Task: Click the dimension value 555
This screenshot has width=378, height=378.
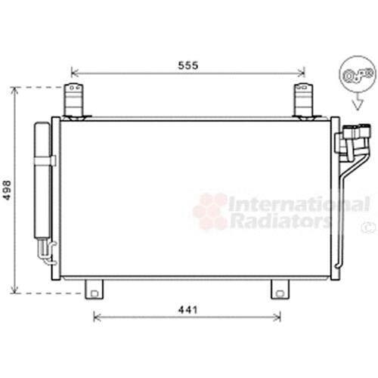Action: [188, 66]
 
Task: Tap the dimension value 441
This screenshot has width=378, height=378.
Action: [188, 310]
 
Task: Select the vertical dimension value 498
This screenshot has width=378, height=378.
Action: [8, 191]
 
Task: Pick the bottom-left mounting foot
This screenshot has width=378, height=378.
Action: [94, 290]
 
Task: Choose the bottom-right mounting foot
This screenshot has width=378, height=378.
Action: [280, 290]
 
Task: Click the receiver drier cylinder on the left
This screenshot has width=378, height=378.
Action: [42, 180]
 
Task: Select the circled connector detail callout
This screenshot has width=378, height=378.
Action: [358, 74]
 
